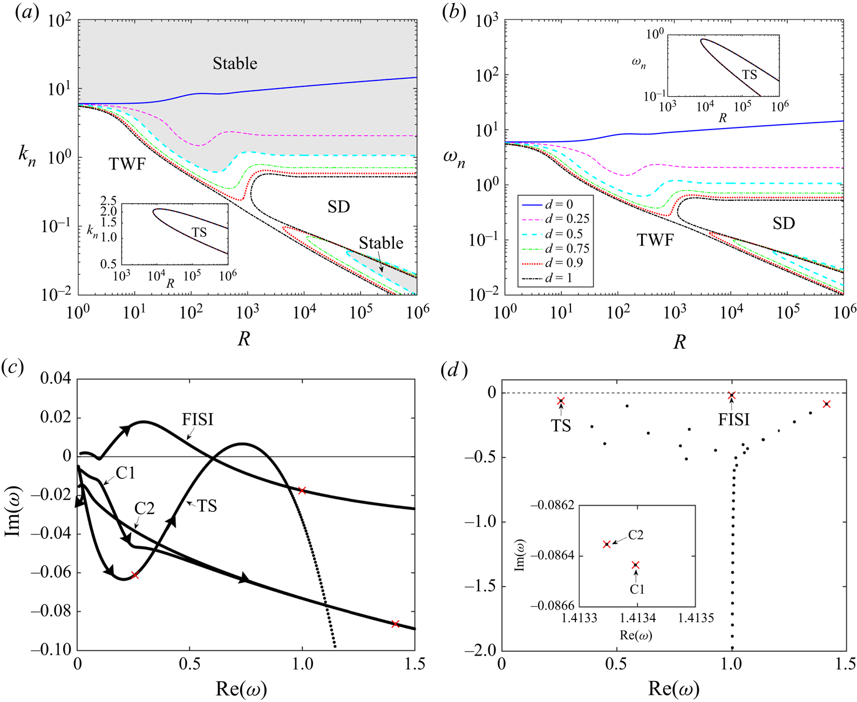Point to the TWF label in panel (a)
click(x=127, y=164)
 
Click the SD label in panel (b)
click(x=784, y=223)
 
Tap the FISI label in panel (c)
click(x=198, y=420)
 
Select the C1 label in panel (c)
click(x=125, y=474)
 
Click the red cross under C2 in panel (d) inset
click(x=607, y=544)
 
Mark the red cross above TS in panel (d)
click(x=561, y=401)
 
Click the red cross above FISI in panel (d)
click(x=732, y=396)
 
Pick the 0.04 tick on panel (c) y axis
click(x=56, y=379)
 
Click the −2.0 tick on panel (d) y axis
click(x=484, y=651)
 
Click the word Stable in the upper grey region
click(x=235, y=64)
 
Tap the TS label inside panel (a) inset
click(x=199, y=233)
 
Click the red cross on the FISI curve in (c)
click(x=302, y=490)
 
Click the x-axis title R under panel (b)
click(x=679, y=342)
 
